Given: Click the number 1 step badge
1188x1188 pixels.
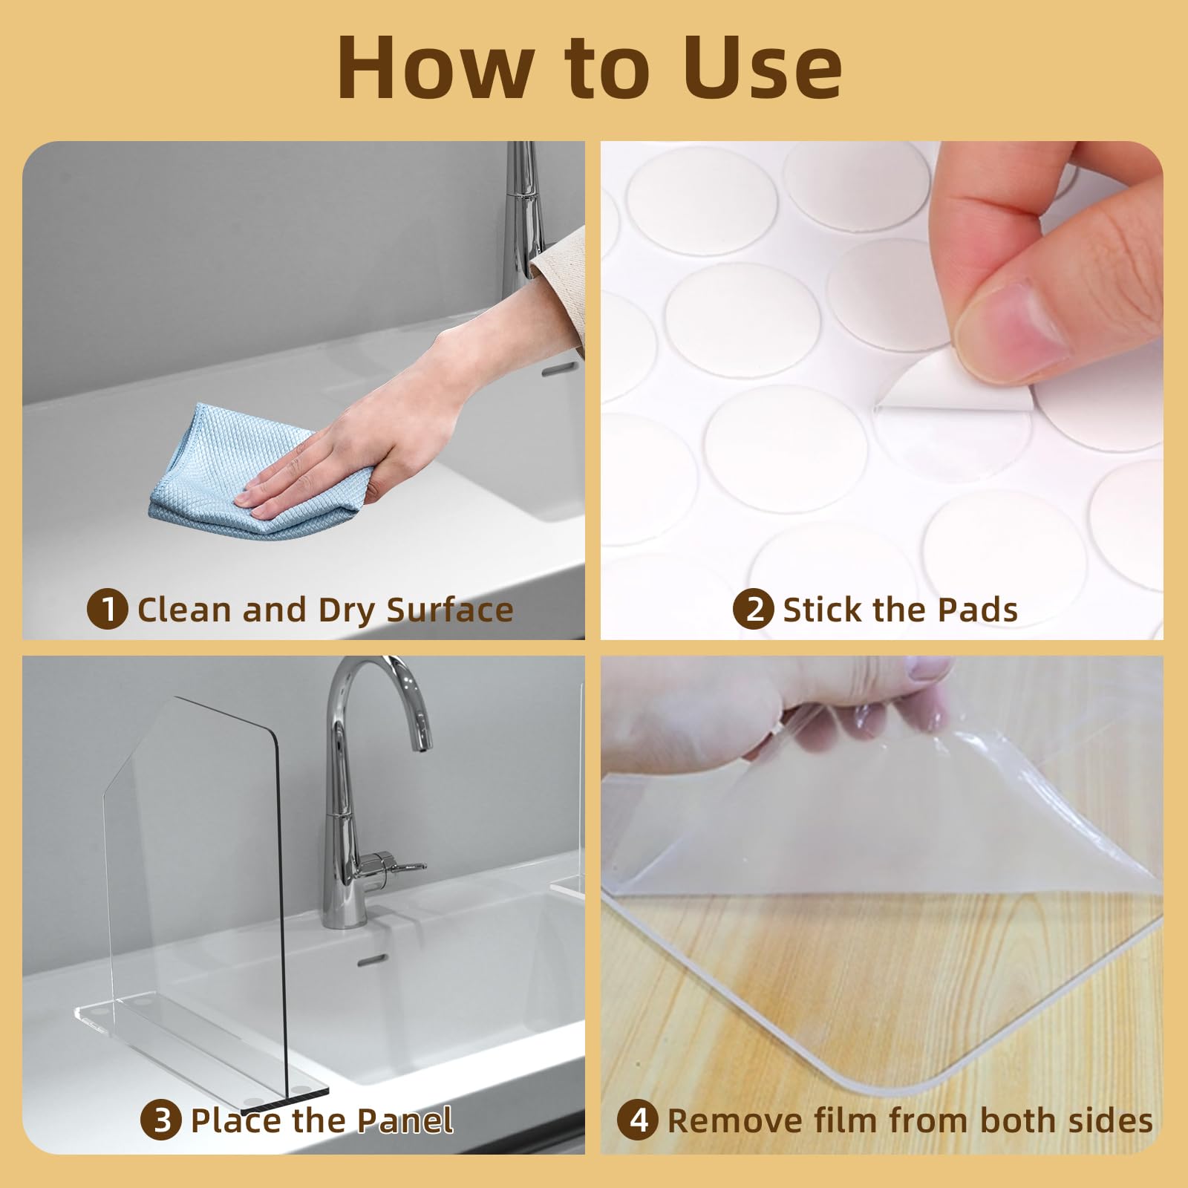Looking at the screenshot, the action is click(x=108, y=610).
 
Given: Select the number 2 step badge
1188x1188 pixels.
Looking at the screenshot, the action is click(x=754, y=610).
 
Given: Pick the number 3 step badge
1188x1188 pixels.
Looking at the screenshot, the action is click(x=161, y=1120).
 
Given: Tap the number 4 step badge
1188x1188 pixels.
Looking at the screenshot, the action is click(x=638, y=1120).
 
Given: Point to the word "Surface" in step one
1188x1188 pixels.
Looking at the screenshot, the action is click(x=450, y=610).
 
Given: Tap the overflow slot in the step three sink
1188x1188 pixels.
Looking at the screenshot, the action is click(x=372, y=962).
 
